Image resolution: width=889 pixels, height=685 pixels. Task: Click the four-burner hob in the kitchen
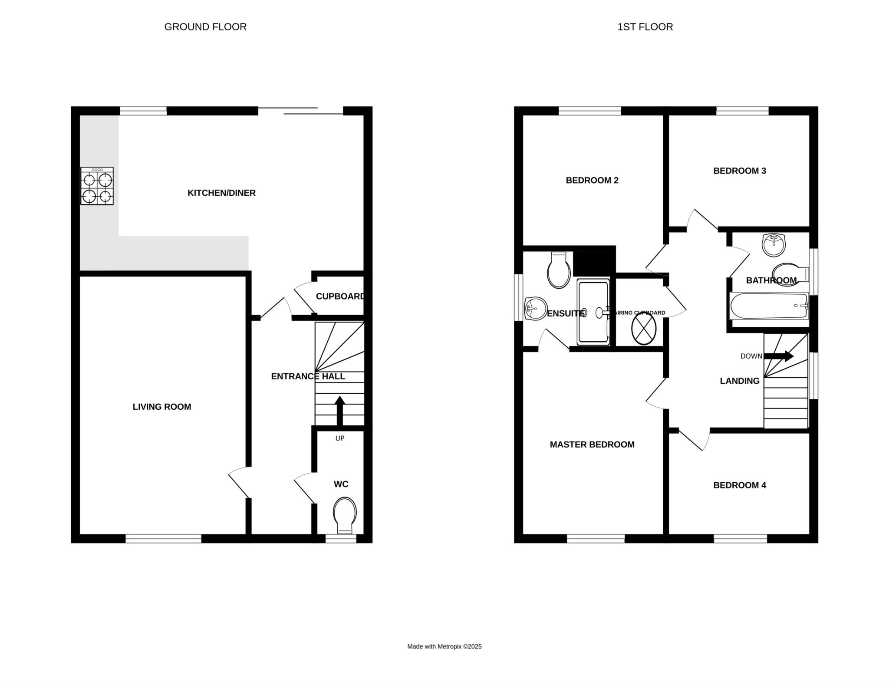[x=97, y=186]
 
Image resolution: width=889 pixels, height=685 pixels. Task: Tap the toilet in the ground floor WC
[x=345, y=516]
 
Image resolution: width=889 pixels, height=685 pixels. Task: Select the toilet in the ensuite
[x=559, y=270]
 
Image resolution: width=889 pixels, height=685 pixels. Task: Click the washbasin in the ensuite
[x=535, y=309]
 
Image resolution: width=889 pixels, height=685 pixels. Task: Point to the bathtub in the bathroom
[x=769, y=306]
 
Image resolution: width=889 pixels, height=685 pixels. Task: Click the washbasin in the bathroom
[x=774, y=245]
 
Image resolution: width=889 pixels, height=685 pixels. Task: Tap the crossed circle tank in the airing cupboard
[x=643, y=329]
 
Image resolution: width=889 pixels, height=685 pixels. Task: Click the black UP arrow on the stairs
[x=340, y=410]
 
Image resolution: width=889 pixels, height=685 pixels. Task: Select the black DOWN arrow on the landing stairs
[x=779, y=356]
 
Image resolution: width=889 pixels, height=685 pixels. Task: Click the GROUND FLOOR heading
[x=205, y=27]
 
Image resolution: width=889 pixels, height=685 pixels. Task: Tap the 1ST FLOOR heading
[x=645, y=27]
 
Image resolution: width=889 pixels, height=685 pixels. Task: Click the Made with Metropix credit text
[x=444, y=646]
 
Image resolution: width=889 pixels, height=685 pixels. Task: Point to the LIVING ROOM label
[x=162, y=407]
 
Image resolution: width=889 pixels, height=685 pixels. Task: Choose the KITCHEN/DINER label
[x=221, y=193]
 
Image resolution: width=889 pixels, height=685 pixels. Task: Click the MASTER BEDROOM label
[x=592, y=445]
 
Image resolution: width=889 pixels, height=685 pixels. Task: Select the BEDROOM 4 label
[x=740, y=485]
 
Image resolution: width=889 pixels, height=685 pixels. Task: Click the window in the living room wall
[x=164, y=539]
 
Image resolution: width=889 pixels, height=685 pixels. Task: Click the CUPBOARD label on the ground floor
[x=340, y=296]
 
